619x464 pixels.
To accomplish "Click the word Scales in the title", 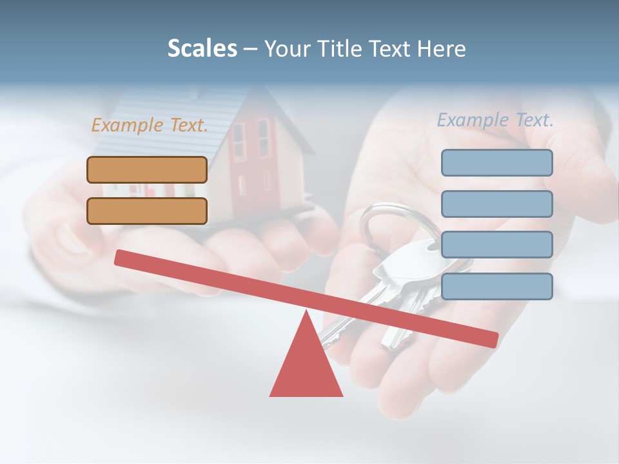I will tap(202, 48).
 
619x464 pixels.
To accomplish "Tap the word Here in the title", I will tap(441, 48).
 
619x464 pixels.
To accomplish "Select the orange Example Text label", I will tap(150, 125).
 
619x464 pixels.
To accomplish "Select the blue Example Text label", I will tap(495, 120).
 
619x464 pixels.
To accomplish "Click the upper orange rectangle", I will tap(147, 169).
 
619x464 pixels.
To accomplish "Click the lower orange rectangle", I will tap(147, 211).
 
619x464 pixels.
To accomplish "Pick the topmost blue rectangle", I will tap(496, 162).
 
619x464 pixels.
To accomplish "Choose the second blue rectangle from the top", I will tap(496, 204).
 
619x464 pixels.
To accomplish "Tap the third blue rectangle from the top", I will tap(496, 245).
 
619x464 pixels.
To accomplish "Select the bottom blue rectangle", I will tap(496, 286).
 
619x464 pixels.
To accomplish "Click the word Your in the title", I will tap(287, 48).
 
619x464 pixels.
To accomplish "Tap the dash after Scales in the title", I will tap(251, 49).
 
